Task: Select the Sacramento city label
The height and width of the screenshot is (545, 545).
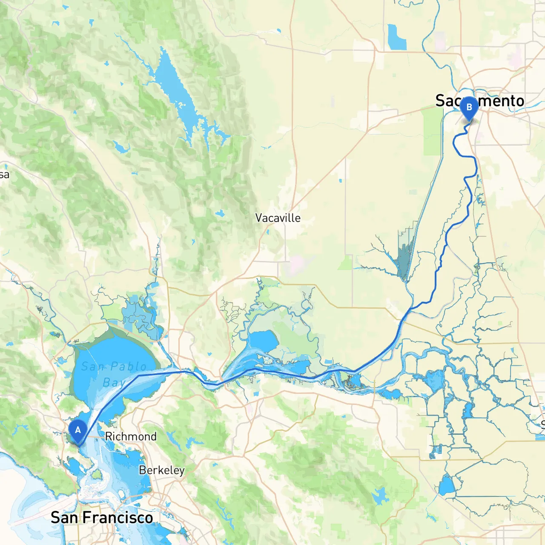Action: pos(479,101)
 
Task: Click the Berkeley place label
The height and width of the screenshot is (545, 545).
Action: pos(162,470)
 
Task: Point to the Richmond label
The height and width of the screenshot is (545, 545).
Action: pos(131,436)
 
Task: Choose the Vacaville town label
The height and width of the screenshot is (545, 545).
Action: pos(278,218)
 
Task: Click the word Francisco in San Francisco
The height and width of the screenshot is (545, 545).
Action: pos(118,518)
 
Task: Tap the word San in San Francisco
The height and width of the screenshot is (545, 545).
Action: pos(65,518)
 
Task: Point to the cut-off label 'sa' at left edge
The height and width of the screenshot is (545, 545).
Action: pos(4,175)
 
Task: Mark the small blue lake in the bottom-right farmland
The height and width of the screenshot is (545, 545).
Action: pos(447,485)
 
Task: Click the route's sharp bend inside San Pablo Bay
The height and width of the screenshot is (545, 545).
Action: pos(139,376)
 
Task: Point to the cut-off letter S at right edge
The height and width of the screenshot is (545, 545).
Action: pos(542,424)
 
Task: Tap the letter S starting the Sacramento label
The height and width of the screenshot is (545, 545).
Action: pos(441,101)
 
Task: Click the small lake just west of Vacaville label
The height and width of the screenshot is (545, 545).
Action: pos(220,213)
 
